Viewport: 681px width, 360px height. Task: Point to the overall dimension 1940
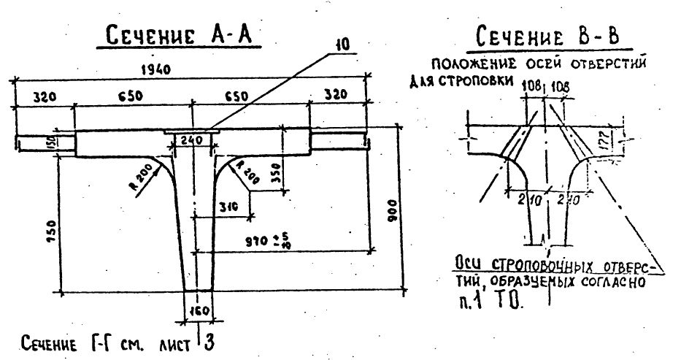pos(158,70)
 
